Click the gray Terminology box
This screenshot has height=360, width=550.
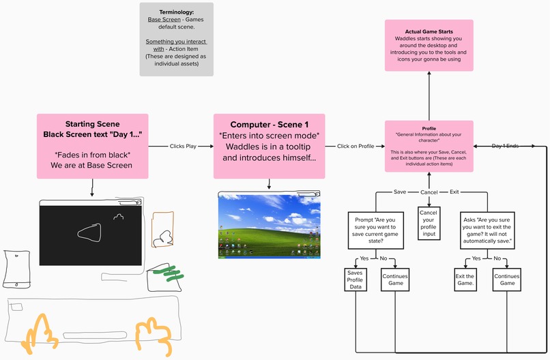coord(176,39)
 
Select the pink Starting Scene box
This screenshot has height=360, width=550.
coord(92,145)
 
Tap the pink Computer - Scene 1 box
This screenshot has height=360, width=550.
coord(269,145)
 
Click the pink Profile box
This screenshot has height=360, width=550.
coord(429,145)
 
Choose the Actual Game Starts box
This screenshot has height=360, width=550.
coord(429,46)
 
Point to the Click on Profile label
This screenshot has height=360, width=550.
coord(355,146)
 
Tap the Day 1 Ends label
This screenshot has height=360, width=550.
coord(506,146)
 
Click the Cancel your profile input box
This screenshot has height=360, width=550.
coord(429,224)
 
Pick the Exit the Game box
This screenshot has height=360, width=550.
coord(465,280)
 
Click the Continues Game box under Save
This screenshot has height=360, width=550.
coord(394,280)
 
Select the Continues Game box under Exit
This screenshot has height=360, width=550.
coord(506,280)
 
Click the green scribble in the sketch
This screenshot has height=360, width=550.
coord(165,273)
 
